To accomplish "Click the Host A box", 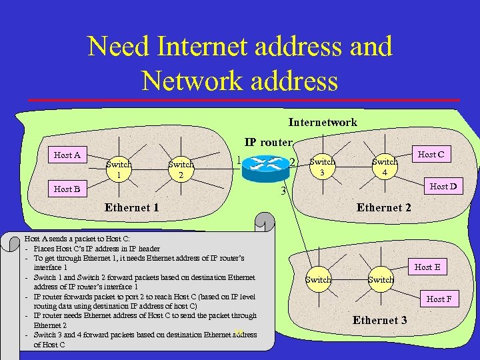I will coord(67,155).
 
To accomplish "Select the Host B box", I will coord(67,189).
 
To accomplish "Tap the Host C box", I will coord(431,155).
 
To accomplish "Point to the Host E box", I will coord(427,267).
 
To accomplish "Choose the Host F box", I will coord(439,299).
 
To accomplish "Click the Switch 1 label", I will coord(119,169).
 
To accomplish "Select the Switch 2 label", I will coord(181,169).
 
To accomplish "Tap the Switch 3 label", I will coord(323,167).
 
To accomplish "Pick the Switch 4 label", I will coord(385,167).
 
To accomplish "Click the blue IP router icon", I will coord(263,167).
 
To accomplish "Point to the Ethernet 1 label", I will coord(132,207).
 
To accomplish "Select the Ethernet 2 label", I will coord(384,207).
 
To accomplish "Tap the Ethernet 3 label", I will coord(380,321).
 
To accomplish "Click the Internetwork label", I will coord(323,122).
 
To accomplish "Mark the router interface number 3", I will coord(283,193).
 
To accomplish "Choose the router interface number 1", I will coord(238,160).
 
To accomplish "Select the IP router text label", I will coord(268,142).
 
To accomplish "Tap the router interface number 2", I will coord(291,162).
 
